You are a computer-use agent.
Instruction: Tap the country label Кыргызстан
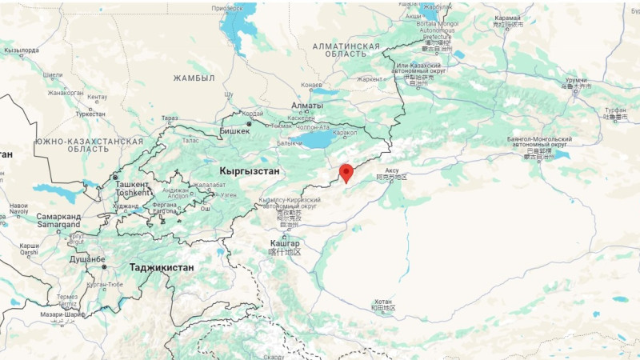point(249,171)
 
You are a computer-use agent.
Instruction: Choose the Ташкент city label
point(132,183)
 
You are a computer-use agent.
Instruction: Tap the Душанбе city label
point(87,260)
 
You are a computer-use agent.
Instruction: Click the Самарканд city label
point(58,216)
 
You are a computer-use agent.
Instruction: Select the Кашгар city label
point(285,242)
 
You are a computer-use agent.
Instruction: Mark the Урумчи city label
point(576,81)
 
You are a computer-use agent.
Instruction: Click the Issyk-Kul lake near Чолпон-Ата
point(320,141)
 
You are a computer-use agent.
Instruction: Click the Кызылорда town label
point(22,50)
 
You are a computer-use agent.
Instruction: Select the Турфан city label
point(615,109)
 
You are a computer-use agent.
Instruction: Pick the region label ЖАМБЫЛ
point(194,78)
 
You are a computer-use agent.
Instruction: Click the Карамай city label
point(507,18)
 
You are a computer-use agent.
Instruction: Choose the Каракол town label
point(345,133)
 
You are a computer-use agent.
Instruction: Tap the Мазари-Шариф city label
point(62,314)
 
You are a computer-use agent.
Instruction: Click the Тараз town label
point(170,118)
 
